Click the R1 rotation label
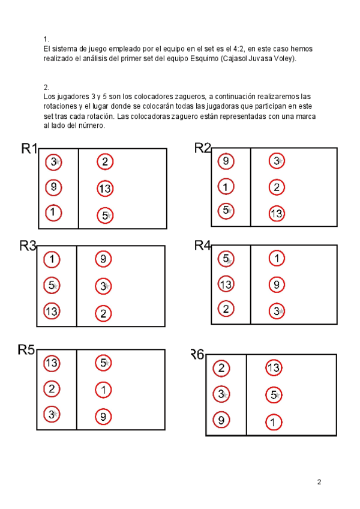(29, 148)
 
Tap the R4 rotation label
(203, 245)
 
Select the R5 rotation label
(26, 349)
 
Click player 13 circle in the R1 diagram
(105, 189)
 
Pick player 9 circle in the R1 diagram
(53, 187)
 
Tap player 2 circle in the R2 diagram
(276, 187)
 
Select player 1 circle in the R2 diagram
(225, 187)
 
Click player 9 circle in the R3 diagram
(103, 259)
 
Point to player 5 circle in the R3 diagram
(52, 286)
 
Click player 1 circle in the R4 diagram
(276, 259)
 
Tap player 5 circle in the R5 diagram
(103, 363)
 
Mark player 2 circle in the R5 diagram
(52, 389)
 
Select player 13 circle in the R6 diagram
(273, 368)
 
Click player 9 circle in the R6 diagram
(221, 420)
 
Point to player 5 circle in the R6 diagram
(274, 395)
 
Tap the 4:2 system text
(236, 48)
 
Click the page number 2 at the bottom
(319, 482)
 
